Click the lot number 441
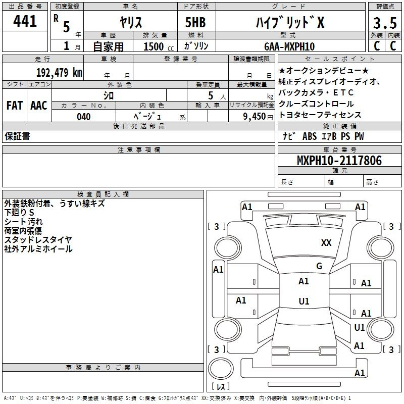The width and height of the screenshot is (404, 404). [x=25, y=21]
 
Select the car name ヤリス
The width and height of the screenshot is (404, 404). [x=131, y=23]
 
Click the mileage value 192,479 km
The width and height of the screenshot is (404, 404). [x=59, y=72]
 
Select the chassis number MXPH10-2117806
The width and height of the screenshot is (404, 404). [x=339, y=161]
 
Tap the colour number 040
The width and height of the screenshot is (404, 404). [x=84, y=117]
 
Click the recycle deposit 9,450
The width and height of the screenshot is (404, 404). [x=255, y=117]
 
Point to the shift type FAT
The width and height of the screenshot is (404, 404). [x=14, y=105]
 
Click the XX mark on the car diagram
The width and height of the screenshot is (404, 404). [x=326, y=243]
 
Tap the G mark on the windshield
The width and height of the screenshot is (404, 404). [x=319, y=266]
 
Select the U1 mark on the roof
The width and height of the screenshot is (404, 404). [x=304, y=301]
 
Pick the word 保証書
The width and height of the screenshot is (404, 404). [x=17, y=136]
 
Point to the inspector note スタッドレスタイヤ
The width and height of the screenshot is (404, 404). [x=38, y=239]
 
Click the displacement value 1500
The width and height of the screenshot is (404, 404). [x=154, y=46]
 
